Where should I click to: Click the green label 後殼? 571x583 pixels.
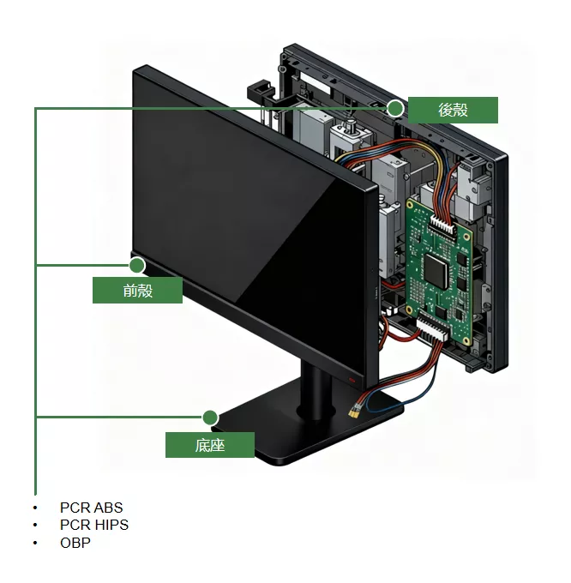[x=453, y=110]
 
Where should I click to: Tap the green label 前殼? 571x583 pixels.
[x=137, y=291]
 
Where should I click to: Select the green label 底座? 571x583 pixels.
[x=210, y=445]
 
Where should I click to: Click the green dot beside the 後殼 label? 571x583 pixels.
[x=395, y=109]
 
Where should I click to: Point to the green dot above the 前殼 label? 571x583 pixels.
[x=137, y=266]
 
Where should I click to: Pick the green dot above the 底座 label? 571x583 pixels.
[x=210, y=418]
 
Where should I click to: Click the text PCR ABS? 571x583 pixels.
[x=92, y=508]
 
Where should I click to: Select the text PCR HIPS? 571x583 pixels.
[x=94, y=525]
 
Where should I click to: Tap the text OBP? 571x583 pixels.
[x=75, y=543]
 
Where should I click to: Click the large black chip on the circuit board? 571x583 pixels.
[x=436, y=271]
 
